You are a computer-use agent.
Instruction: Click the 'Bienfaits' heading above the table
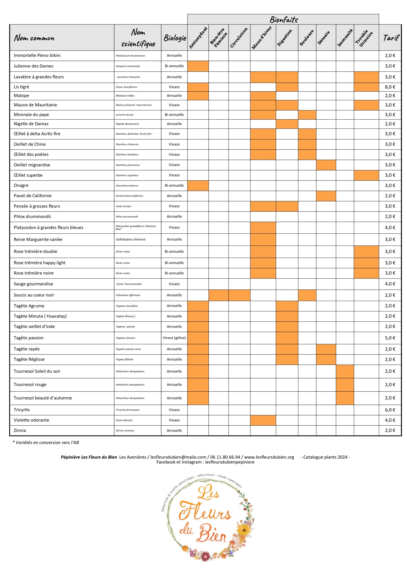click(x=284, y=20)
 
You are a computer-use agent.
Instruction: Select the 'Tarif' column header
click(x=391, y=38)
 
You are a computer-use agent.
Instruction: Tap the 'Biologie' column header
click(x=175, y=38)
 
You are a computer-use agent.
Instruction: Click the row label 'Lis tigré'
click(x=22, y=87)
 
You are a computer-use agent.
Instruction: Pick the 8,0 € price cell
click(x=390, y=87)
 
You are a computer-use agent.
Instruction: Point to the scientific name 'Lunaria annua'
click(x=125, y=115)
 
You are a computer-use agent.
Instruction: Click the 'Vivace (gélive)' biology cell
click(x=174, y=338)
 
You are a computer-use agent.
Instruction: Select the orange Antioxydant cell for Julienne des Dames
click(x=198, y=66)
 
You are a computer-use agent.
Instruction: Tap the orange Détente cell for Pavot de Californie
click(x=326, y=196)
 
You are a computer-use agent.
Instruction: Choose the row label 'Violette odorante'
click(x=31, y=420)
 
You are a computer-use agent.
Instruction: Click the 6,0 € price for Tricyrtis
click(x=390, y=410)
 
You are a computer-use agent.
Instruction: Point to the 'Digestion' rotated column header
click(x=285, y=38)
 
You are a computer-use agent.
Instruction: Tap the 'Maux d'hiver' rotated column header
click(x=262, y=38)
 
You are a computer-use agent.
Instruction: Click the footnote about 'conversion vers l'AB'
click(x=46, y=442)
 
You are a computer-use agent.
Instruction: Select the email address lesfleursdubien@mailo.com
click(x=178, y=457)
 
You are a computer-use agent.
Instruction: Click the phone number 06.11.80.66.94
click(x=225, y=457)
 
